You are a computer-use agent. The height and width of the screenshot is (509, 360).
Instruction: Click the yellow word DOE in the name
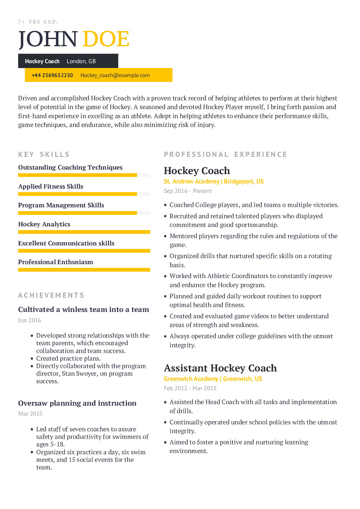pos(106,39)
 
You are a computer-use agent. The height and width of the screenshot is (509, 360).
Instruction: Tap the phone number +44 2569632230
pos(52,75)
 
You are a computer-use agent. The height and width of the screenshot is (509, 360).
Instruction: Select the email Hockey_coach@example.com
pos(115,75)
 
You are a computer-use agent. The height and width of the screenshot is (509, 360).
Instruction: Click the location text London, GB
pos(81,61)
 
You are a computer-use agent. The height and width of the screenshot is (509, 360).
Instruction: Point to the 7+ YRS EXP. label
pos(38,22)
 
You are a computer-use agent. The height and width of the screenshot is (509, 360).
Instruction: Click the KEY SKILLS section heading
pos(44,154)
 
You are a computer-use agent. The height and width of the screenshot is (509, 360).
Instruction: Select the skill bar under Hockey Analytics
pos(84,232)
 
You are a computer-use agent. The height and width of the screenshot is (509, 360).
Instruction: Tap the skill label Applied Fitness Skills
pos(50,186)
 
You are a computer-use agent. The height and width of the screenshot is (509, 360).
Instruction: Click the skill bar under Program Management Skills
pos(77,213)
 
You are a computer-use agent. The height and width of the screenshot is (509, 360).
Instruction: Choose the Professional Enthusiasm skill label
pos(56,262)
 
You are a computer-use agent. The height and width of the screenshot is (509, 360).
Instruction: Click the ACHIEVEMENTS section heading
pos(51,295)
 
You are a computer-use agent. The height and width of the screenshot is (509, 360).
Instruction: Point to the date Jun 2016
pos(29,320)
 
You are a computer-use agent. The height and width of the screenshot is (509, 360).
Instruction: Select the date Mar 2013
pos(30,413)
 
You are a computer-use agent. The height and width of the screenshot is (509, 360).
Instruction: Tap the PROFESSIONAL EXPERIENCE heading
pos(225,154)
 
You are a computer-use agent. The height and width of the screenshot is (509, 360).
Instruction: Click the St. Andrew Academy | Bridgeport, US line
pos(213,181)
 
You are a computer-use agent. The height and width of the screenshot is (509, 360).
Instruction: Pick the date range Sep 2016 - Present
pos(188,191)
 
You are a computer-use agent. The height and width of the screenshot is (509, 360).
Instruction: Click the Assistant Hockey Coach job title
pos(220,368)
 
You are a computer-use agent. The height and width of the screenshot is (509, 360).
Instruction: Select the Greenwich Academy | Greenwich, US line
pos(213,379)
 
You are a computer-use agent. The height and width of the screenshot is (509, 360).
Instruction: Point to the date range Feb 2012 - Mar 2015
pos(190,388)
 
